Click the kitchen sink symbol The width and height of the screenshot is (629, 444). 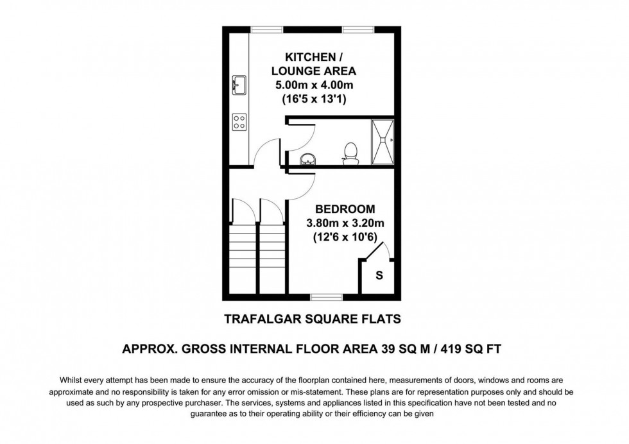(239, 84)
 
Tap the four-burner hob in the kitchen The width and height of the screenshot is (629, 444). (239, 121)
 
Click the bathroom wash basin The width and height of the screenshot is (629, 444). (307, 158)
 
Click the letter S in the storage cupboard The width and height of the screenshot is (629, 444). (379, 276)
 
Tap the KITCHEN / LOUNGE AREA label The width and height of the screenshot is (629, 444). (313, 62)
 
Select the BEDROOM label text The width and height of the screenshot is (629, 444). (345, 209)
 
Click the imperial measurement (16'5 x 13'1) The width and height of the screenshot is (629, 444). (314, 99)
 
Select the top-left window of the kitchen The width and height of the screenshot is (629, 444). (267, 30)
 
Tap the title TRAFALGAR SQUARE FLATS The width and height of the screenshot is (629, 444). (314, 318)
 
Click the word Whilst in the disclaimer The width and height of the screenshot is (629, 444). (72, 380)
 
